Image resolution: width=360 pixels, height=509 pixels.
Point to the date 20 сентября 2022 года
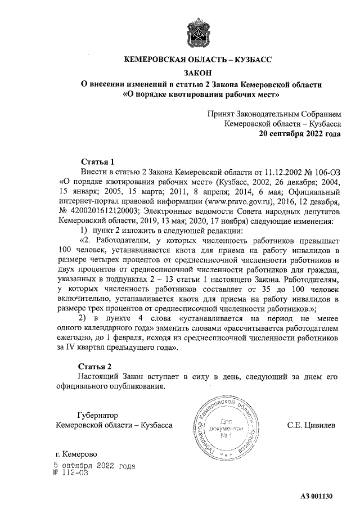tap(299, 134)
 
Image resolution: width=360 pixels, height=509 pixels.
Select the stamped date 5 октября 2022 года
tap(94, 466)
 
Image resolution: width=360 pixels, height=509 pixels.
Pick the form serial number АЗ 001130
tap(317, 496)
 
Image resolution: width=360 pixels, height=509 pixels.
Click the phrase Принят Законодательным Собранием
tap(274, 113)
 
